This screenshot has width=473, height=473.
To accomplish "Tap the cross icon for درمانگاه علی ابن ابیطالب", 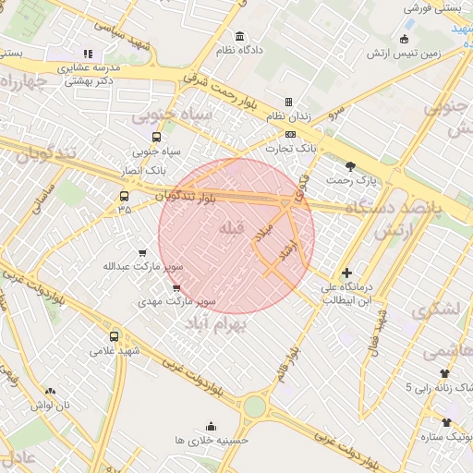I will point(346,273).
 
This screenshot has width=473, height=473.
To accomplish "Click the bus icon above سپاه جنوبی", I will point(156,137).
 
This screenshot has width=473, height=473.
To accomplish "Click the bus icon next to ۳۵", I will point(125,196).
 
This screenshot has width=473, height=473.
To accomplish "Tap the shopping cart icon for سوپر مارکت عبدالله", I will point(141,252).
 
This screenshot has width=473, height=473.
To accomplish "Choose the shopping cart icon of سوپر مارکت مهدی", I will point(176,287).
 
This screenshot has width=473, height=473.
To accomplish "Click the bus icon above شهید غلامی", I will point(114,336).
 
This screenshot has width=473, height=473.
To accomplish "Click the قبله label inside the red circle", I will point(231,227).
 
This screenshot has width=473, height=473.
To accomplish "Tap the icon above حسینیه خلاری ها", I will point(212,426).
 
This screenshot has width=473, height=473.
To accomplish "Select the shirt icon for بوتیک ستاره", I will point(447,421).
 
